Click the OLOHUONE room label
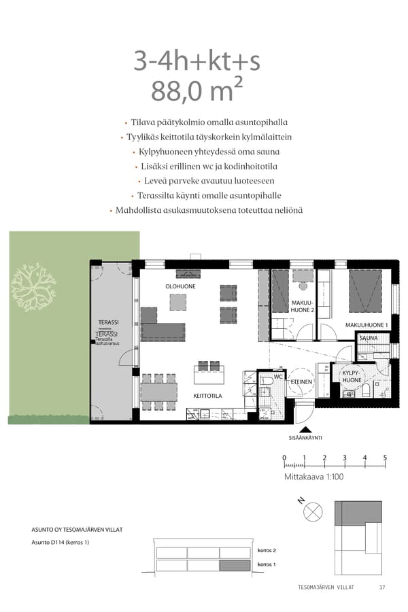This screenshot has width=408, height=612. click(180, 287)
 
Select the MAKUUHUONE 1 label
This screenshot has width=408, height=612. click(366, 325)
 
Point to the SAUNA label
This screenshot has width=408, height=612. click(369, 338)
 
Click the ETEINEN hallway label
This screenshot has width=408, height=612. click(301, 382)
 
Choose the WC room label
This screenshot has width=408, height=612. click(277, 376)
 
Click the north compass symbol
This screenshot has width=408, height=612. click(313, 511)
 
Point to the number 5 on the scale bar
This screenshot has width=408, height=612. click(385, 458)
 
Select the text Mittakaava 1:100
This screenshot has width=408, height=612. click(313, 477)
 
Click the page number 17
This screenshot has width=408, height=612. click(382, 587)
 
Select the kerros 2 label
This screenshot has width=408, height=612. click(266, 549)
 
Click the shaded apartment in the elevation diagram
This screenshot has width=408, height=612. click(235, 565)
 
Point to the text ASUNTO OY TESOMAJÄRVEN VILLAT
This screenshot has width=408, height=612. click(77, 529)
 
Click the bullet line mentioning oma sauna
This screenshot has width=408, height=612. click(205, 152)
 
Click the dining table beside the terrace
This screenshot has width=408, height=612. click(159, 391)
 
